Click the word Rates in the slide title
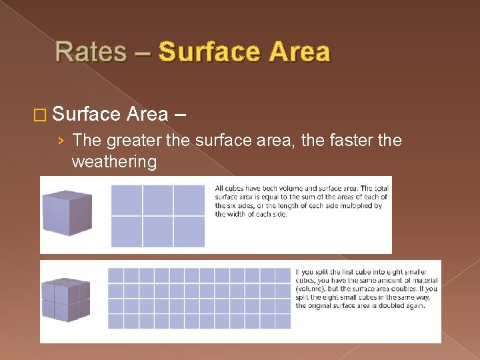[x=91, y=52]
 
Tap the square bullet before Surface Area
[x=41, y=115]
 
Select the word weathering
[x=113, y=162]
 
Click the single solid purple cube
[x=66, y=213]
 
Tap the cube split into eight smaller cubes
[x=66, y=301]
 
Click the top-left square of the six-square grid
[x=127, y=200]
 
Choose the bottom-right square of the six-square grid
[x=189, y=231]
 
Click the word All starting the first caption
[x=219, y=189]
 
